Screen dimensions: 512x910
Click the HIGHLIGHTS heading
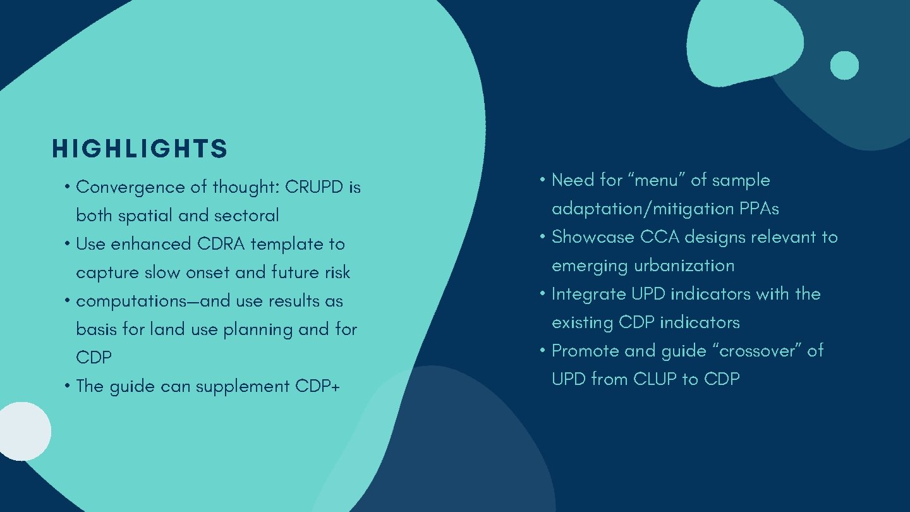point(140,149)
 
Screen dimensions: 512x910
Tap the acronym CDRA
point(221,244)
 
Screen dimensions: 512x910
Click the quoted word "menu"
point(657,180)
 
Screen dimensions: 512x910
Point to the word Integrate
point(588,295)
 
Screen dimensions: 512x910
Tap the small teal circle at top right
point(844,65)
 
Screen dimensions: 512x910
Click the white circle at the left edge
point(24,432)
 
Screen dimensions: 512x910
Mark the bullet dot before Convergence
point(67,188)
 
